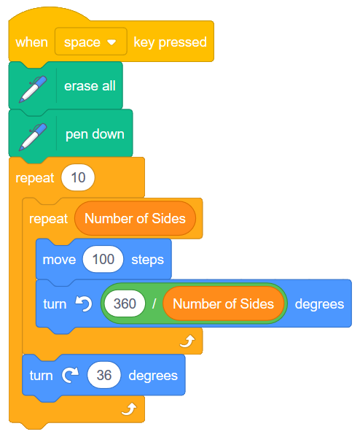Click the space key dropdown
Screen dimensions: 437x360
click(90, 42)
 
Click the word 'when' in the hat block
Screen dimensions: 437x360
click(31, 42)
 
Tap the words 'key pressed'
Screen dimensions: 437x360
click(170, 42)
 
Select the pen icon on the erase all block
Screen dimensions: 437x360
click(33, 87)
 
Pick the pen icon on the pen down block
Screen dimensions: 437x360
click(33, 134)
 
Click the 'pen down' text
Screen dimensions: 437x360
click(95, 134)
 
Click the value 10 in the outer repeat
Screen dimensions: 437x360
click(78, 178)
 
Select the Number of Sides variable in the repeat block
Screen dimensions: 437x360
click(135, 218)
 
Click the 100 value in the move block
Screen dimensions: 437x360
click(103, 260)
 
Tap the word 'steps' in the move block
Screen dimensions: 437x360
click(146, 260)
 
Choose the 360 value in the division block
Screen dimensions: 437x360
click(125, 303)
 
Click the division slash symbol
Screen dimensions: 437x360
click(154, 303)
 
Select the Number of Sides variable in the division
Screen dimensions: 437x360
click(223, 303)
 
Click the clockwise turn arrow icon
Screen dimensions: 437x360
click(69, 376)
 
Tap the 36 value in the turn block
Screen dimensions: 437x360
click(103, 376)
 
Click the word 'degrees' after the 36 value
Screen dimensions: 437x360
click(153, 376)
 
